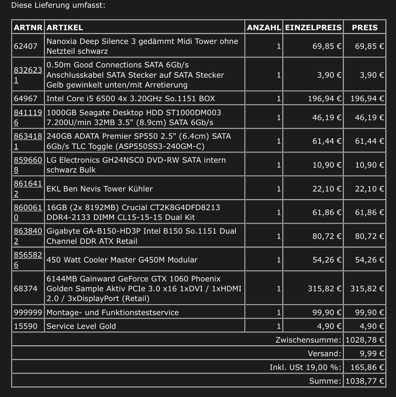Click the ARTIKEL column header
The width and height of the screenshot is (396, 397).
[x=65, y=27]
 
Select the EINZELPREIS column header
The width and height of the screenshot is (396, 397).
[x=313, y=27]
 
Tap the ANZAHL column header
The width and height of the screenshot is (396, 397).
[x=264, y=27]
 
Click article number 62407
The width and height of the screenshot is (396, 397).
[x=25, y=46]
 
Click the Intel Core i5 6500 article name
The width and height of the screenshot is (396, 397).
[x=131, y=98]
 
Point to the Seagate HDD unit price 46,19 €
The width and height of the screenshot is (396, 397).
[x=327, y=117]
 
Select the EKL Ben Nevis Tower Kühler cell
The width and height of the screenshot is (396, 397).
[x=100, y=189]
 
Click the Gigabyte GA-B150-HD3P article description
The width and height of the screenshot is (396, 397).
[x=141, y=236]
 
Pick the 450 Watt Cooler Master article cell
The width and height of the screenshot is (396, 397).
[x=122, y=260]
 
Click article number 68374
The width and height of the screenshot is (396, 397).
[x=25, y=288]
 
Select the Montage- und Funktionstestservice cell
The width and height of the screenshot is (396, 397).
[x=113, y=312]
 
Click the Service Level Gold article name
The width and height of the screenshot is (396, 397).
[x=81, y=326]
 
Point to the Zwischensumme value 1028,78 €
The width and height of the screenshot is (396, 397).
[x=365, y=340]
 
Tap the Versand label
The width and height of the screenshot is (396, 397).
[x=324, y=353]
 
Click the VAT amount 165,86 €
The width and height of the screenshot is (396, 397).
[x=367, y=367]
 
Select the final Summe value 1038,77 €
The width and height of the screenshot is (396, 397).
[x=365, y=381]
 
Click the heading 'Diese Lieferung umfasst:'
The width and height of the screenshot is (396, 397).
[x=58, y=5]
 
